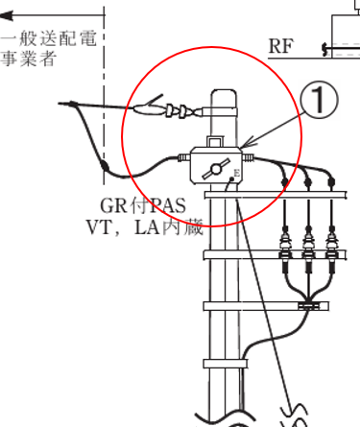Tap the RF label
tap(281, 46)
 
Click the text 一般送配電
tap(48, 40)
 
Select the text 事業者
tap(28, 59)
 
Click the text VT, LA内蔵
tap(144, 228)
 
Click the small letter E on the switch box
tap(235, 172)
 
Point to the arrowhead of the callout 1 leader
tap(246, 147)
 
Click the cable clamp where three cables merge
tap(308, 306)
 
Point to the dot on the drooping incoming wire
tap(103, 166)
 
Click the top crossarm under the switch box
tap(278, 196)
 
